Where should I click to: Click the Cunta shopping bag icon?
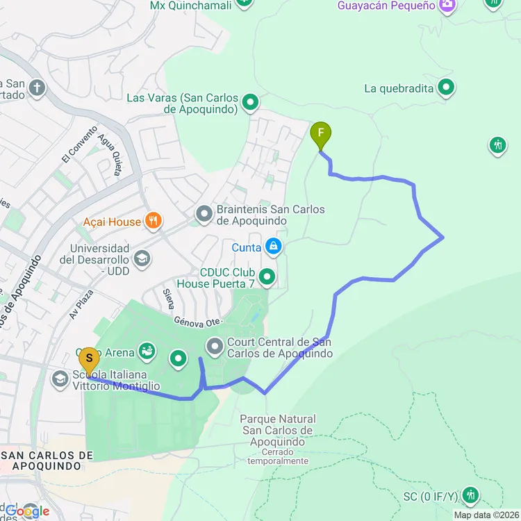tap(274, 247)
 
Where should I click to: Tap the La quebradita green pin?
tap(447, 88)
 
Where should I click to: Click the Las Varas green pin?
tap(250, 104)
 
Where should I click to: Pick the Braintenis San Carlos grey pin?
tap(204, 215)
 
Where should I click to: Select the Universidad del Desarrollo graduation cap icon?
tap(142, 259)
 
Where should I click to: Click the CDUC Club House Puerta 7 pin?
tap(267, 278)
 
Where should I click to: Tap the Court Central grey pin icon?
tap(215, 345)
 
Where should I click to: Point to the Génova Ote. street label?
tap(197, 322)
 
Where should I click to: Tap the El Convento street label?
tap(72, 149)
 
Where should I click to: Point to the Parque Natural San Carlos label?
tap(278, 431)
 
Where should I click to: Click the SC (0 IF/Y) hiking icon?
tap(472, 495)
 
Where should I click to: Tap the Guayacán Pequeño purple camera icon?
tap(447, 6)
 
